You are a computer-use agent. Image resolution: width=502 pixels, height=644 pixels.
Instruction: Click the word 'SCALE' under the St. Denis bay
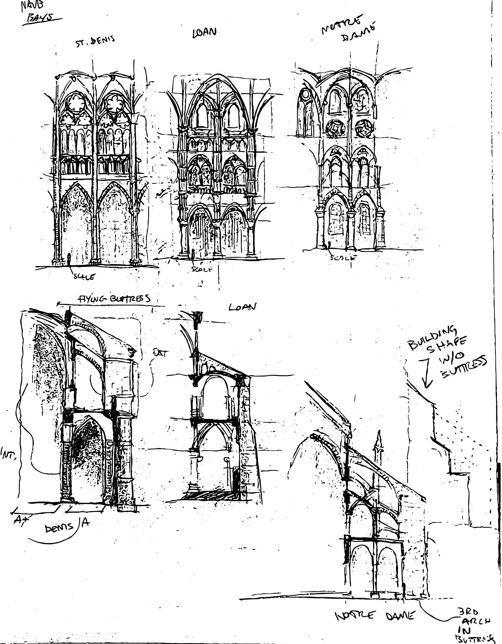[84, 277]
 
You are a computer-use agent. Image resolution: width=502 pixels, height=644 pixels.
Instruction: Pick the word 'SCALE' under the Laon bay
[202, 269]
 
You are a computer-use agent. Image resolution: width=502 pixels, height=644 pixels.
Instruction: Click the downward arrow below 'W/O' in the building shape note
[426, 375]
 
